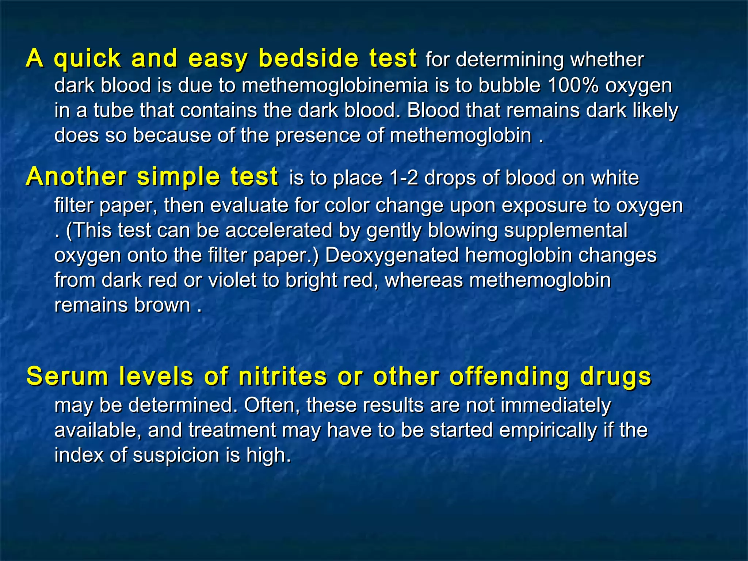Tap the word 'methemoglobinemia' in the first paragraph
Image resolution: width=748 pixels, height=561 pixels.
335,86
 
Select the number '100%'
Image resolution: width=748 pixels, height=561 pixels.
573,86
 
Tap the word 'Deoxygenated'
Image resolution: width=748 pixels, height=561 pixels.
392,255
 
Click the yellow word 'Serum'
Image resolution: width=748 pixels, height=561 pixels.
67,376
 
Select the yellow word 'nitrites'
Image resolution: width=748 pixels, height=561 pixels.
283,376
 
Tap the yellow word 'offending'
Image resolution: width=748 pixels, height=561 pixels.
509,377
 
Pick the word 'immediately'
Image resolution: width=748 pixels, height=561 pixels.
555,405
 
